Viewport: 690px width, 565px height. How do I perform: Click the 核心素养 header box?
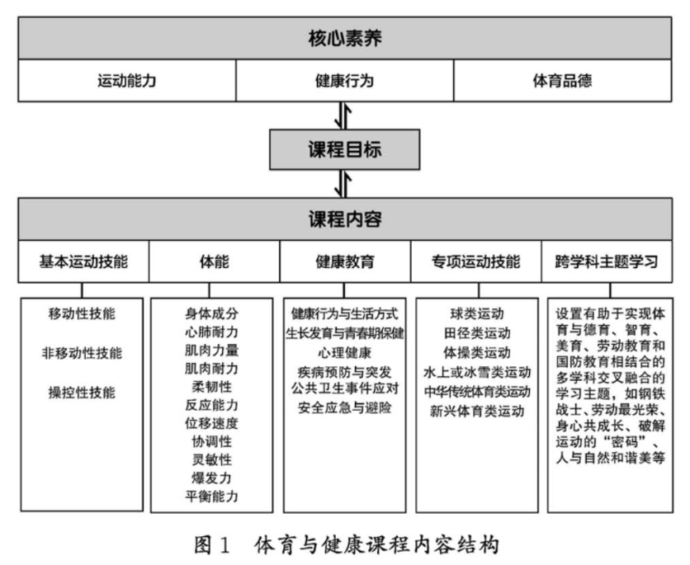pyautogui.click(x=344, y=38)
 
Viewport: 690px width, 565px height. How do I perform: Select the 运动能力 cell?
pyautogui.click(x=126, y=81)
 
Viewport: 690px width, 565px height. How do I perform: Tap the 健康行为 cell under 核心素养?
pyautogui.click(x=344, y=81)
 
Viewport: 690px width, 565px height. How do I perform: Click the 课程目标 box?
pyautogui.click(x=344, y=151)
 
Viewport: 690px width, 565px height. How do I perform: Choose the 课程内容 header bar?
pyautogui.click(x=344, y=219)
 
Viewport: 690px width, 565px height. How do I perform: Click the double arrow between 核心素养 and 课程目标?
pyautogui.click(x=344, y=116)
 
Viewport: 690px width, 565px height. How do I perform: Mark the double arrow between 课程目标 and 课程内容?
pyautogui.click(x=344, y=184)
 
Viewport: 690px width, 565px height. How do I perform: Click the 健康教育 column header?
pyautogui.click(x=344, y=262)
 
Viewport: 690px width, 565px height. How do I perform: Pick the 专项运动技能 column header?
pyautogui.click(x=476, y=262)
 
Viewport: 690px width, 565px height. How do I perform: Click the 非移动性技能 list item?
pyautogui.click(x=83, y=353)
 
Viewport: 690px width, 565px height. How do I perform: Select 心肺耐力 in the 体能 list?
pyautogui.click(x=213, y=332)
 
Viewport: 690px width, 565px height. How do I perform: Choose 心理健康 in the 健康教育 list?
pyautogui.click(x=344, y=352)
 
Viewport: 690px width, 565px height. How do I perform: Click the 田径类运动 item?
pyautogui.click(x=476, y=332)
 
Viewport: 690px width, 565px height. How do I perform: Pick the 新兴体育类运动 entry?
pyautogui.click(x=476, y=410)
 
